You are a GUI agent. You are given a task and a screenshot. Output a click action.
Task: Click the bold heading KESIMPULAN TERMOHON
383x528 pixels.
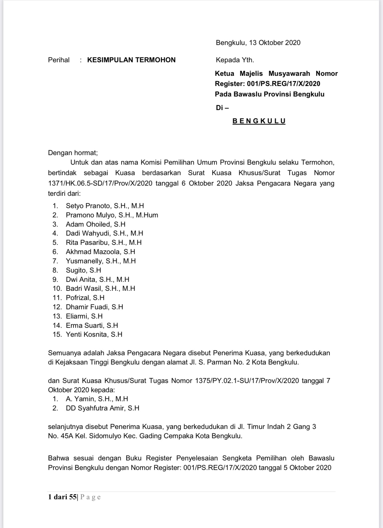click(131, 60)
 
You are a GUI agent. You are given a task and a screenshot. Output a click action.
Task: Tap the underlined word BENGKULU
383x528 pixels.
click(259, 121)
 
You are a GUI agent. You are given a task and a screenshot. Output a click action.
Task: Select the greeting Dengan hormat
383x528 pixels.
click(73, 153)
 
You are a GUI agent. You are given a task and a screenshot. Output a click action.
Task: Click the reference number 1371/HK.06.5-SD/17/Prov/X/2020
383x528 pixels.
click(100, 184)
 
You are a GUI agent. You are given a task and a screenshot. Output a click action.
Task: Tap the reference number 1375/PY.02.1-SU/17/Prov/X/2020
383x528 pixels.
click(247, 381)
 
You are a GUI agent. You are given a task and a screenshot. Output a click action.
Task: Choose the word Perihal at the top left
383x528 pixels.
click(59, 60)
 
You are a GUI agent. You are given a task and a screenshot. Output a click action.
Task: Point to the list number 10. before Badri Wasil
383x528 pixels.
click(57, 288)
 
